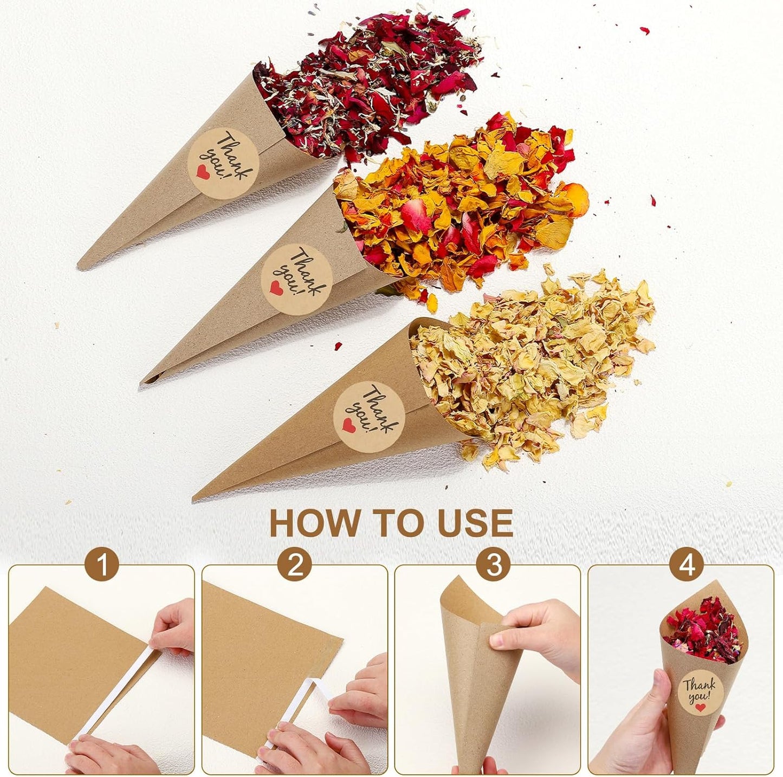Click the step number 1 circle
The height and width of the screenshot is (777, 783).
[102, 565]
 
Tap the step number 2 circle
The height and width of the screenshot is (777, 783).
[295, 565]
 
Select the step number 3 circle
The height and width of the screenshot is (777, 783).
[493, 565]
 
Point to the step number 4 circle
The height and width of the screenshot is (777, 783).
[687, 565]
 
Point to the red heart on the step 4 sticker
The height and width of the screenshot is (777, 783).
[701, 707]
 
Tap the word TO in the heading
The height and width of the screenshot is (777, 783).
[392, 523]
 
